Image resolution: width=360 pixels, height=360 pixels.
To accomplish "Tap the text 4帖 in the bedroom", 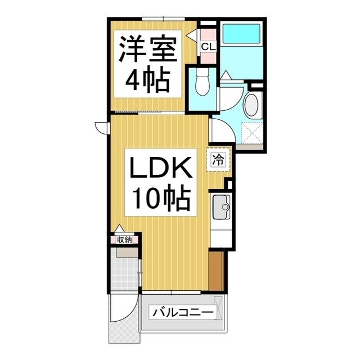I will (x=147, y=82).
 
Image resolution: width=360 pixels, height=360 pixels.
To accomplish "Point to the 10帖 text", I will (x=161, y=198).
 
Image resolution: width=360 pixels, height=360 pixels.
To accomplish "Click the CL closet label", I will (x=207, y=46).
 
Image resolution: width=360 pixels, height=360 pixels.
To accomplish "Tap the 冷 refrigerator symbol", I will (x=218, y=159).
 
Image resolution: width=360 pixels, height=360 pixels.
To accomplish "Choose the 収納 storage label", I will (x=124, y=240).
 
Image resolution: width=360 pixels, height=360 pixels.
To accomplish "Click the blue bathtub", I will (x=240, y=37).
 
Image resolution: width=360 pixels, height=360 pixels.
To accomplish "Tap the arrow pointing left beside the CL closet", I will (x=192, y=35).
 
